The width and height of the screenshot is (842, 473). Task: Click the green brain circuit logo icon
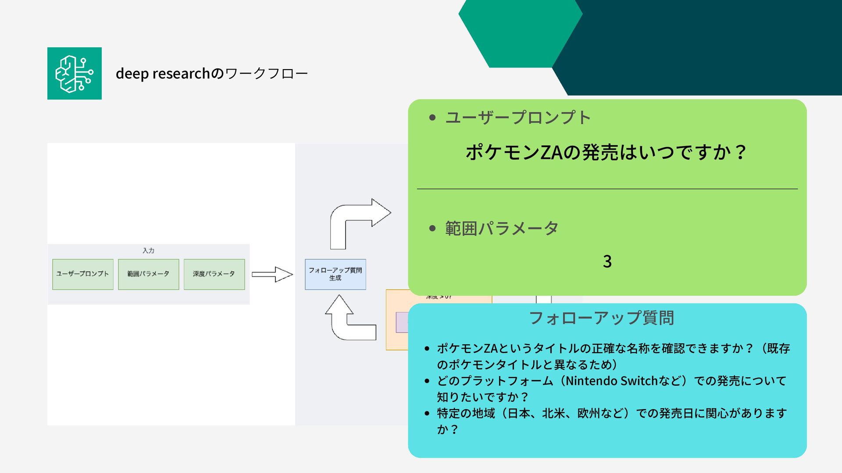(x=75, y=74)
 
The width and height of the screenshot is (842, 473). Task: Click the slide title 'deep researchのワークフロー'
(x=211, y=74)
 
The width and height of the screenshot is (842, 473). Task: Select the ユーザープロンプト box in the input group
(x=83, y=274)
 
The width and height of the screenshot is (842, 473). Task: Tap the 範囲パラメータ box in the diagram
(x=148, y=274)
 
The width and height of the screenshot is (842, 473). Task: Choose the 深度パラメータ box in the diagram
(x=214, y=274)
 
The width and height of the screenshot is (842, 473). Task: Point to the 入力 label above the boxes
(x=148, y=251)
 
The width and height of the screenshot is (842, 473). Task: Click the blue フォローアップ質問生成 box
(x=335, y=275)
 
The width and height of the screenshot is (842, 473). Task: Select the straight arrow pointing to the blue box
(x=272, y=275)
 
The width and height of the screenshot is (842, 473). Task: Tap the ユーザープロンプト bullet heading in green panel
(x=518, y=117)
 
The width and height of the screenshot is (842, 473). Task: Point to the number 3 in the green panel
(x=607, y=261)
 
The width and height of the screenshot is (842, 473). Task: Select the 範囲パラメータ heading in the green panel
(x=502, y=228)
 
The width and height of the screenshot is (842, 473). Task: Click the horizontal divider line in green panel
(x=607, y=189)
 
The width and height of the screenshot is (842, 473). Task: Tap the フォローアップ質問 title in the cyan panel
(x=601, y=318)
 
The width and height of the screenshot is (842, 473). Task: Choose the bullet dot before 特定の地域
(x=427, y=413)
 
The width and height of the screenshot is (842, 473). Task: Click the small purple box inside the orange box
(x=402, y=322)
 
